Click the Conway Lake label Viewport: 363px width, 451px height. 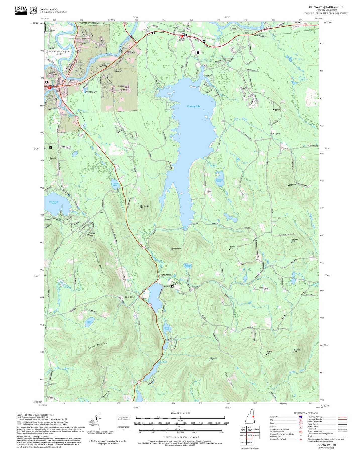[194, 106]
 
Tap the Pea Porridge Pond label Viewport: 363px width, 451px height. [54, 202]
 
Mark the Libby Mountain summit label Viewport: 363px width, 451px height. [145, 206]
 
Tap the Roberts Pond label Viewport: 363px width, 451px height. [188, 266]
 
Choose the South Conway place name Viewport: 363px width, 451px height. [275, 134]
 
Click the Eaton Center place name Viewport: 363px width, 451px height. [130, 297]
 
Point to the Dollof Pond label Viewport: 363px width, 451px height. [115, 184]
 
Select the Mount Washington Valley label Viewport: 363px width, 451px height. [60, 53]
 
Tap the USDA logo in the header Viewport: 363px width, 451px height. [21, 10]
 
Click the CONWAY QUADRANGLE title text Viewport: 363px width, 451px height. [326, 7]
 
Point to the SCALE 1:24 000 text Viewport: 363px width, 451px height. [180, 413]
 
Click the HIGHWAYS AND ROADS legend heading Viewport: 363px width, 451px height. [305, 413]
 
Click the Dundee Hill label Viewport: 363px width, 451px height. [292, 184]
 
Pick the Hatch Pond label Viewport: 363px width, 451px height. [167, 328]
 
